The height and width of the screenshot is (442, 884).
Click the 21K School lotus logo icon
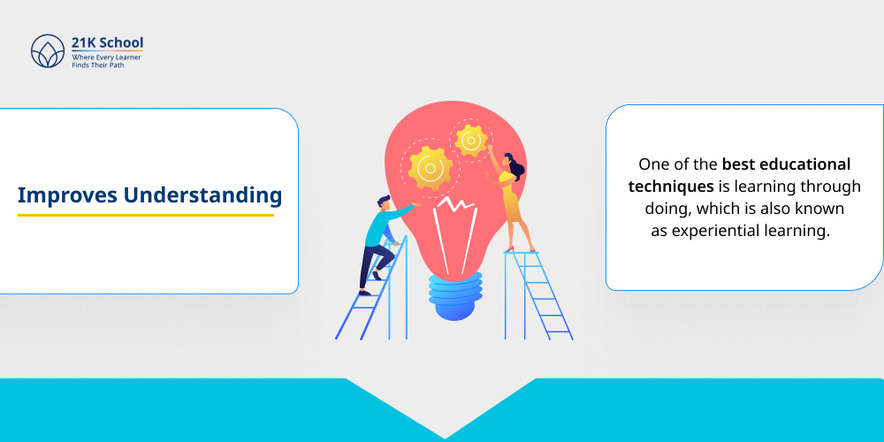point(48,51)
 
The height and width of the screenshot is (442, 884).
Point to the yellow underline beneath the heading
point(146,215)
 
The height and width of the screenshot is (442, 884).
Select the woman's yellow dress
point(511,202)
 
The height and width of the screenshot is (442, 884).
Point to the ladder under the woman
point(539,296)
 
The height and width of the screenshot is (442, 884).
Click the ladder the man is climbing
point(376,301)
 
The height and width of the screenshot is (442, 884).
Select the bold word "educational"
point(800,164)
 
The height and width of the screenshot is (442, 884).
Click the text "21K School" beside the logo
point(108,42)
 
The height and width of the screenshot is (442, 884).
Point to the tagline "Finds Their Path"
point(99,65)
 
